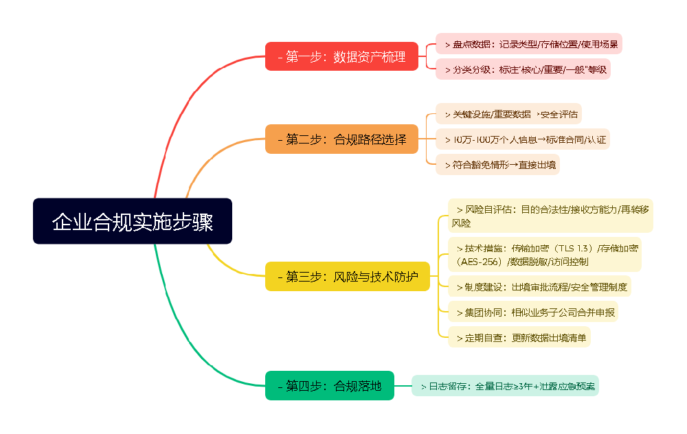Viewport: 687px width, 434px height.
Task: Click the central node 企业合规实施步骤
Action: click(133, 221)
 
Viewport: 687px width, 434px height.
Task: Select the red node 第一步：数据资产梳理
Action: click(341, 56)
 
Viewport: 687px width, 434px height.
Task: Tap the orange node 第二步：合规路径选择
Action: click(341, 139)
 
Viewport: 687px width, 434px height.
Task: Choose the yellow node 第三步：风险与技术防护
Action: click(347, 277)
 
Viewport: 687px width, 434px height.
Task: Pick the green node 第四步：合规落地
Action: click(330, 385)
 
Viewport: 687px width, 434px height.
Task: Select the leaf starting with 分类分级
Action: click(523, 69)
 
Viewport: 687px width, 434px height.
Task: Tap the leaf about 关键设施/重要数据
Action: click(508, 114)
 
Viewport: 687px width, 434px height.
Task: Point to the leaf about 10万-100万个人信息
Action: click(523, 139)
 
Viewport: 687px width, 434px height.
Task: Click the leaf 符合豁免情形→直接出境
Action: click(497, 165)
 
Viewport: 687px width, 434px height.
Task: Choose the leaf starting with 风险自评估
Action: click(550, 216)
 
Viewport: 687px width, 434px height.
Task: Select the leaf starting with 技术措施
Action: click(544, 254)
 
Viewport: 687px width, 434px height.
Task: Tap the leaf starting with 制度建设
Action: click(539, 286)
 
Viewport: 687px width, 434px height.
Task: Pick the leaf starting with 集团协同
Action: click(532, 312)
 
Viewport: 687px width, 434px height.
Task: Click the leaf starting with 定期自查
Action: click(519, 337)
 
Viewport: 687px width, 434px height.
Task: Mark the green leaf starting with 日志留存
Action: click(505, 385)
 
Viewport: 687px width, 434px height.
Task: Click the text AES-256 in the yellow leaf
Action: click(477, 262)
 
